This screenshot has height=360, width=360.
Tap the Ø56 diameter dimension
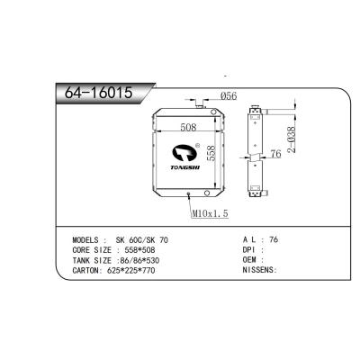pos(229,97)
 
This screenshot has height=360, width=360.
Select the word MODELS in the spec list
pos(88,241)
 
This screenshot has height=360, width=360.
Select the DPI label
pos(252,251)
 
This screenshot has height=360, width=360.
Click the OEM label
pos(252,260)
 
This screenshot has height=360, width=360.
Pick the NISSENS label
pos(259,269)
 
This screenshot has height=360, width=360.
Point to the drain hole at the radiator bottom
pos(187,193)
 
